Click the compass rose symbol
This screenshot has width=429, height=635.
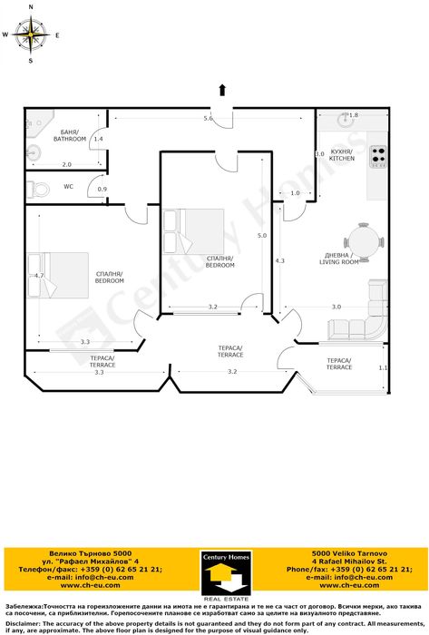[x=31, y=35]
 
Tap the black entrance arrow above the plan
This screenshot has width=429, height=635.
[x=221, y=88]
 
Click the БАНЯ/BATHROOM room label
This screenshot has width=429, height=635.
[x=69, y=136]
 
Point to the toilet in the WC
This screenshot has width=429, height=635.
[x=39, y=189]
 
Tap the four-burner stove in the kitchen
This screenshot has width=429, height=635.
[x=378, y=158]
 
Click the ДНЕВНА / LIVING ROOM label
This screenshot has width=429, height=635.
[x=341, y=258]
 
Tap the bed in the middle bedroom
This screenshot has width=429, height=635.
[x=194, y=230]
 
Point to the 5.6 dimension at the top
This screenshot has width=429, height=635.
[x=208, y=119]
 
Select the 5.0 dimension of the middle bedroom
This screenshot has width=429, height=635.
[x=261, y=236]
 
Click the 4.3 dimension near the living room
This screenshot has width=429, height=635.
[x=280, y=260]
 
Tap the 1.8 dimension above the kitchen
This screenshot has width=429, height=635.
[x=353, y=115]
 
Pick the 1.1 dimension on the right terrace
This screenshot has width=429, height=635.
[x=382, y=367]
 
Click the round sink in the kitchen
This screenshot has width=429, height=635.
[x=344, y=120]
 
